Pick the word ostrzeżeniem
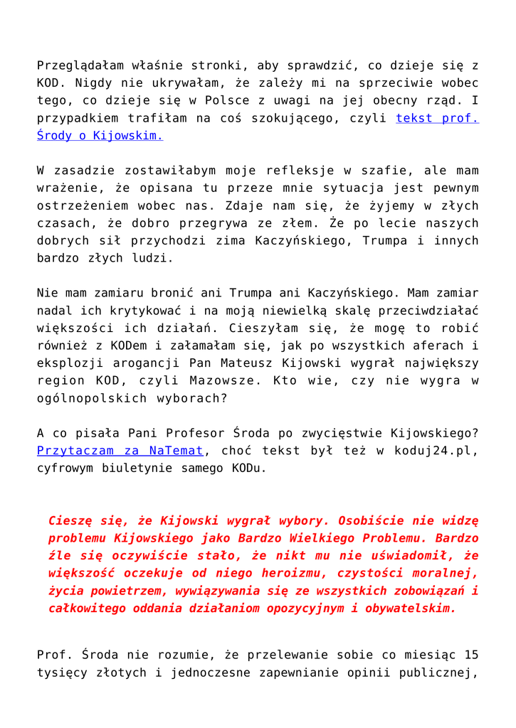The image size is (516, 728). (x=79, y=205)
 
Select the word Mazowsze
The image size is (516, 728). (x=226, y=380)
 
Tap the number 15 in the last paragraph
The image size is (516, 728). (x=470, y=655)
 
